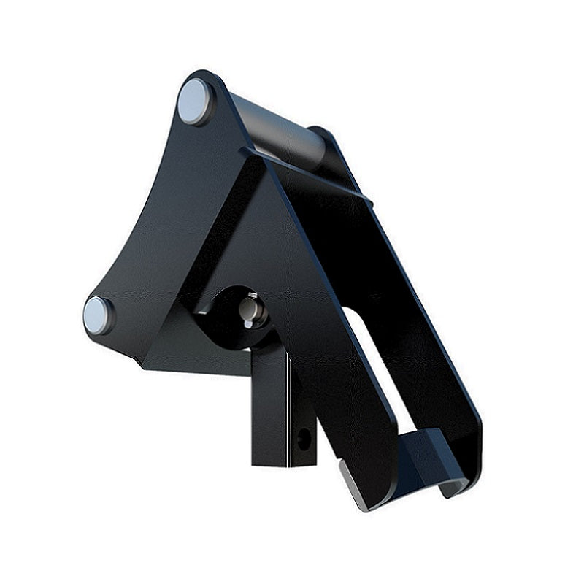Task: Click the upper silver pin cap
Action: (195, 101)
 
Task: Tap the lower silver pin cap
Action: (98, 315)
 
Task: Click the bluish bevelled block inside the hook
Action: (423, 456)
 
